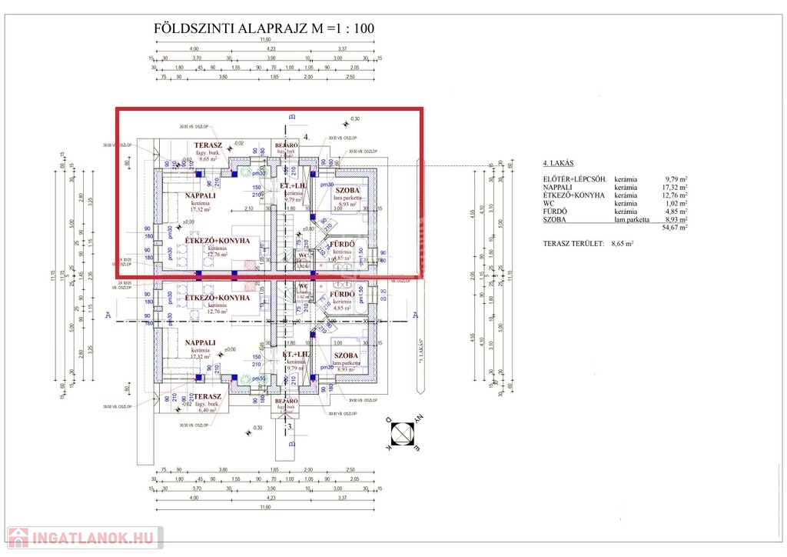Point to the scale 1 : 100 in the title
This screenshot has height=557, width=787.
(x=354, y=29)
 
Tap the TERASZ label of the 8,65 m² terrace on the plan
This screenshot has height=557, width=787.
(x=208, y=145)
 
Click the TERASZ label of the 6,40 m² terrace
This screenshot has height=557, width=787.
(x=208, y=396)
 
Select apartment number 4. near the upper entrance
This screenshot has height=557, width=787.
(x=307, y=136)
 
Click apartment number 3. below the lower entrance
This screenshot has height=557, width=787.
(x=290, y=425)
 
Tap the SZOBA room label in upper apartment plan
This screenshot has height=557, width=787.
(x=347, y=190)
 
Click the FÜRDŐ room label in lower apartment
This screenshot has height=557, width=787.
(x=342, y=295)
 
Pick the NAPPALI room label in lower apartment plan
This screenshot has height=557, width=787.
(x=200, y=342)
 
